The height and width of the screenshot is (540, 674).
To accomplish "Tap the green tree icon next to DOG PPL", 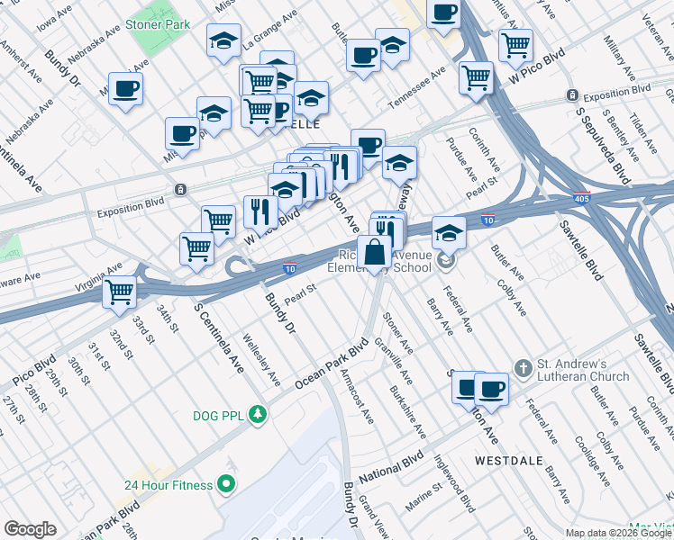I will [x=259, y=414].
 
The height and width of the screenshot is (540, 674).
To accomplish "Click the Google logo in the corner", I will [x=30, y=529].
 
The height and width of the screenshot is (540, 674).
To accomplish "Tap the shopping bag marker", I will [x=373, y=253].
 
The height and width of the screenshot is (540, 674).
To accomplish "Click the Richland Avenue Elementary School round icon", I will [x=445, y=262].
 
